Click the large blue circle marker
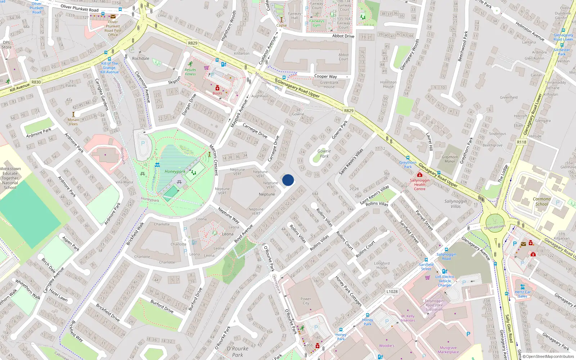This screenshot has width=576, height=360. point(288,180)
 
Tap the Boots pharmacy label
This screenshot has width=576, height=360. point(217,93)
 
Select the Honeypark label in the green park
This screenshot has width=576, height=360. point(175,171)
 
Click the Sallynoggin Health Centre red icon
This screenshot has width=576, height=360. point(419,175)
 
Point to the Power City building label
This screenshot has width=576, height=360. point(306,301)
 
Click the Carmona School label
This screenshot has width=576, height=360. point(541,201)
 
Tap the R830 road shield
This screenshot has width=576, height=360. point(36,82)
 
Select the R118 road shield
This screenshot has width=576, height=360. point(521,142)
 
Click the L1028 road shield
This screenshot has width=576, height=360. point(392,292)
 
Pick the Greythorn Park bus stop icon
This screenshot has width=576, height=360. point(408,158)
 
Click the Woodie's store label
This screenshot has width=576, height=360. point(387,346)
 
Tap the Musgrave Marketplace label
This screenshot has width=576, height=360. point(448,350)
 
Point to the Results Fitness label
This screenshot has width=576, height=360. point(190,72)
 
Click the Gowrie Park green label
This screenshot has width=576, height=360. point(324,153)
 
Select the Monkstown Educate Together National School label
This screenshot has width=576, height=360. point(10,178)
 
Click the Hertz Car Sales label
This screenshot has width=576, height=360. point(523,294)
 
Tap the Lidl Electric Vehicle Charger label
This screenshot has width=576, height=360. point(445,281)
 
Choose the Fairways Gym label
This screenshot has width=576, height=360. point(316,23)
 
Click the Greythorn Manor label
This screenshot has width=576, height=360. point(450,159)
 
